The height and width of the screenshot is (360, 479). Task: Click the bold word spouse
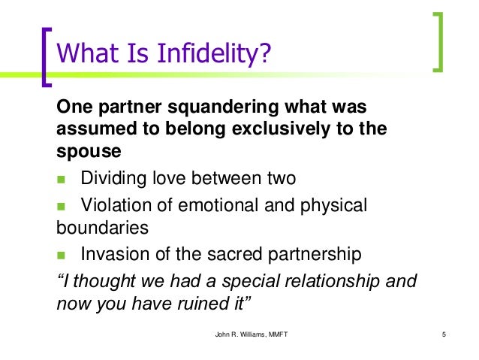coord(89,150)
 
